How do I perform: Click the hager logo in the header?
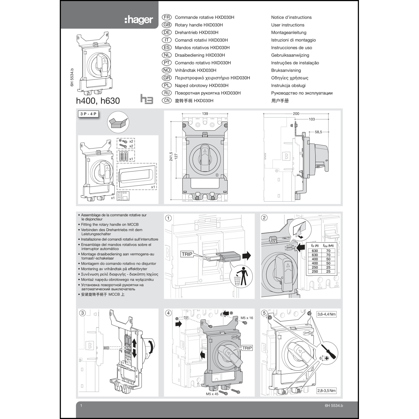(x=139, y=20)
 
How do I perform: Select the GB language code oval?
(x=167, y=25)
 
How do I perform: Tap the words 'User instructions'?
(x=287, y=25)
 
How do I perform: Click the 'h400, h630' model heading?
(x=98, y=101)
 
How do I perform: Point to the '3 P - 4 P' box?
(x=88, y=114)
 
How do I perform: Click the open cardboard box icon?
(x=118, y=122)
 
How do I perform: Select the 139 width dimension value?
(x=205, y=114)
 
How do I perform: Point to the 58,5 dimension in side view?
(x=318, y=132)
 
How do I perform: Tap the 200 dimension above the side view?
(x=296, y=114)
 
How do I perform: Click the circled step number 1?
(x=168, y=218)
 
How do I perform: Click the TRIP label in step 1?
(x=187, y=254)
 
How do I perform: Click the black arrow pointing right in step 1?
(x=246, y=256)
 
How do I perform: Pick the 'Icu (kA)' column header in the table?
(x=328, y=246)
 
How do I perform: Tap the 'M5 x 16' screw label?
(x=247, y=318)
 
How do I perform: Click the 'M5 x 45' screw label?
(x=212, y=394)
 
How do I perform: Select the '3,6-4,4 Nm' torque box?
(x=326, y=314)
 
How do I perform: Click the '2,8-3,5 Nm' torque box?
(x=326, y=391)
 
